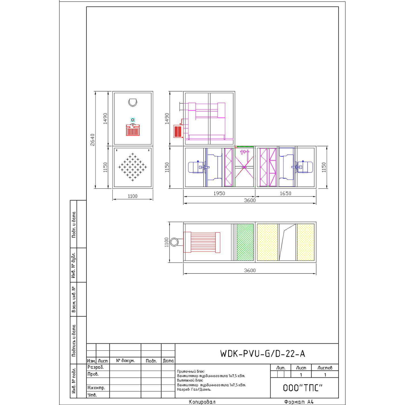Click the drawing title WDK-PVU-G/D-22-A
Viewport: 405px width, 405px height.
click(x=262, y=353)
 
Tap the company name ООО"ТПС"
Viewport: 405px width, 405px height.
click(x=303, y=388)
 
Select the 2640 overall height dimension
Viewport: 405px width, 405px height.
click(x=92, y=140)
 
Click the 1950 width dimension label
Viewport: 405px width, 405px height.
click(x=219, y=193)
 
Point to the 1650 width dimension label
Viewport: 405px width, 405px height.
click(x=285, y=193)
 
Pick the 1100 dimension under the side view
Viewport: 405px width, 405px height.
click(x=133, y=196)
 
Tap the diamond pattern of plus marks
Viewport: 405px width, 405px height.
click(x=133, y=167)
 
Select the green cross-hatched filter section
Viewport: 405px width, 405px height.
click(x=245, y=242)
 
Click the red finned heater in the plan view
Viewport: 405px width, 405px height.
click(x=202, y=242)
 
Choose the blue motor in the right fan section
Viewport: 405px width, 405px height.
click(x=305, y=167)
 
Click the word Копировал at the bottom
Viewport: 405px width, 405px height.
click(x=202, y=402)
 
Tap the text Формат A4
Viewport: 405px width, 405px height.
click(x=299, y=402)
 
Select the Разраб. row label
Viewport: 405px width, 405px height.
click(x=96, y=367)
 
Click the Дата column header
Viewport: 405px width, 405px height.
click(x=168, y=361)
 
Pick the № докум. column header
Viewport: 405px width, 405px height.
click(x=125, y=361)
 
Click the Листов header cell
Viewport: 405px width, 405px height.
click(x=325, y=368)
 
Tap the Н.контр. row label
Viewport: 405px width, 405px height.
click(x=96, y=388)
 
